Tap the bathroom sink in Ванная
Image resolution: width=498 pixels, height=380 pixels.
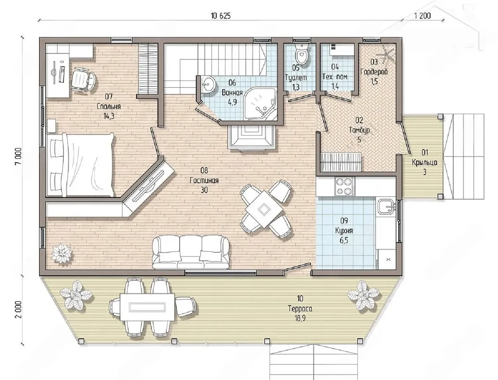coord(208,84)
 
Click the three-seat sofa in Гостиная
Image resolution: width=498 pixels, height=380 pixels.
coord(191,252)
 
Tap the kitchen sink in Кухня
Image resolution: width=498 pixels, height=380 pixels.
coord(386,207)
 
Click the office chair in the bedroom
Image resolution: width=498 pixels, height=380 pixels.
coord(83,79)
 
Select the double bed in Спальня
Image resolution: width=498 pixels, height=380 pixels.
coord(80,165)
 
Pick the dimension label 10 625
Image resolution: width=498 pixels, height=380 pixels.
coord(221,16)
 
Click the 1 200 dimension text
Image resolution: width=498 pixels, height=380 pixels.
coord(422,16)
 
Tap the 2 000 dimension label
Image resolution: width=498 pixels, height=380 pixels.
coord(19,309)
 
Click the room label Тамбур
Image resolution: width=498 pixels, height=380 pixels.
coord(359,130)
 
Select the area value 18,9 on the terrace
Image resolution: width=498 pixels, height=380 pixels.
coord(300,318)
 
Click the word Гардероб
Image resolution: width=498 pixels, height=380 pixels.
coord(374,72)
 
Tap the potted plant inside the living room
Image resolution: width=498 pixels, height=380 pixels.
coord(61,253)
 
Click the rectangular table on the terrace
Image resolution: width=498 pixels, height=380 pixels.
coord(147,307)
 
